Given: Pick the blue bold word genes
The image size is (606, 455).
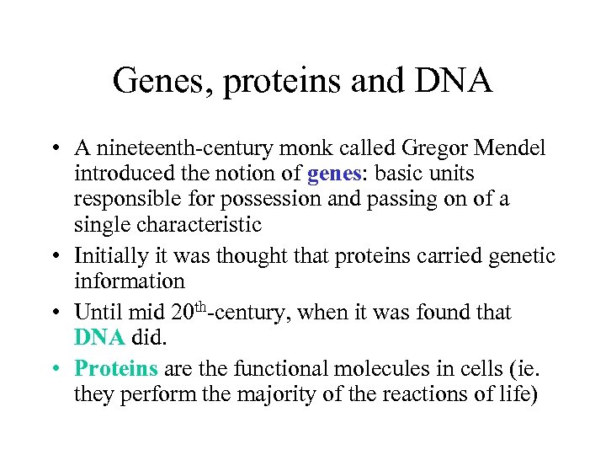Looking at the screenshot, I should (x=335, y=174).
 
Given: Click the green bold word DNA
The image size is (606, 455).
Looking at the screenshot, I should (x=100, y=338).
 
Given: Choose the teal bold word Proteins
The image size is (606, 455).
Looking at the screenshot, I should (x=116, y=368).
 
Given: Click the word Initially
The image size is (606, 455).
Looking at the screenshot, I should (x=108, y=255).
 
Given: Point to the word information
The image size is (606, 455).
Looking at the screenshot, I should (x=129, y=281).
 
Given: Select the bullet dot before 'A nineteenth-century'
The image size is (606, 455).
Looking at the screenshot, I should (x=53, y=150).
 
